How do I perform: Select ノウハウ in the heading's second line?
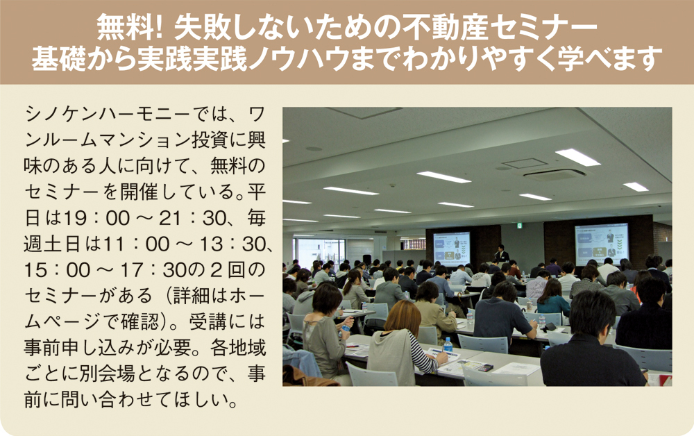[301, 58]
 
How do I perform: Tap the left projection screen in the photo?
[452, 249]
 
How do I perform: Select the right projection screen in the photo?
[602, 244]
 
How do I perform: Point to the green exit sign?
[519, 226]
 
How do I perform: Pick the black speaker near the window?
[367, 260]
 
